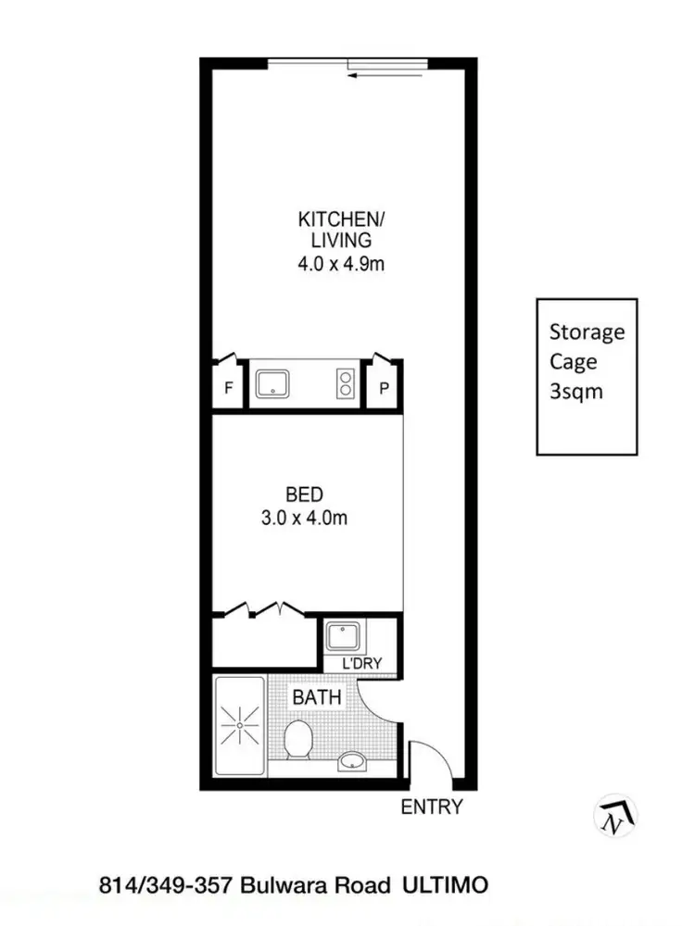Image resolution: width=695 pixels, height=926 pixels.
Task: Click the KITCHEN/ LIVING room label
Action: [340, 230]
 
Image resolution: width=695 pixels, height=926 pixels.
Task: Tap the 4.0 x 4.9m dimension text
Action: [340, 264]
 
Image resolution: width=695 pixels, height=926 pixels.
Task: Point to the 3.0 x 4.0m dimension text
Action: [303, 519]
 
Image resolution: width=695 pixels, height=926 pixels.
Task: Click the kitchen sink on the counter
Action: [274, 383]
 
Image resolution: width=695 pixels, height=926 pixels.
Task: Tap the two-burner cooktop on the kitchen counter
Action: [346, 383]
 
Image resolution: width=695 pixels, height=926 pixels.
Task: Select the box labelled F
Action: [228, 389]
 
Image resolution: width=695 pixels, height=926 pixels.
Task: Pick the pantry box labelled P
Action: [384, 389]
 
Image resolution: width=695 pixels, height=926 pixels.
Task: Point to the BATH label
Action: [317, 697]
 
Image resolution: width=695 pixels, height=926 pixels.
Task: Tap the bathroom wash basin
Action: [351, 761]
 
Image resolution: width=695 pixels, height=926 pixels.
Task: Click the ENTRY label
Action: [431, 807]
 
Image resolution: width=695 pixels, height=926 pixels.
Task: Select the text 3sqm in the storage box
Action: [576, 391]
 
